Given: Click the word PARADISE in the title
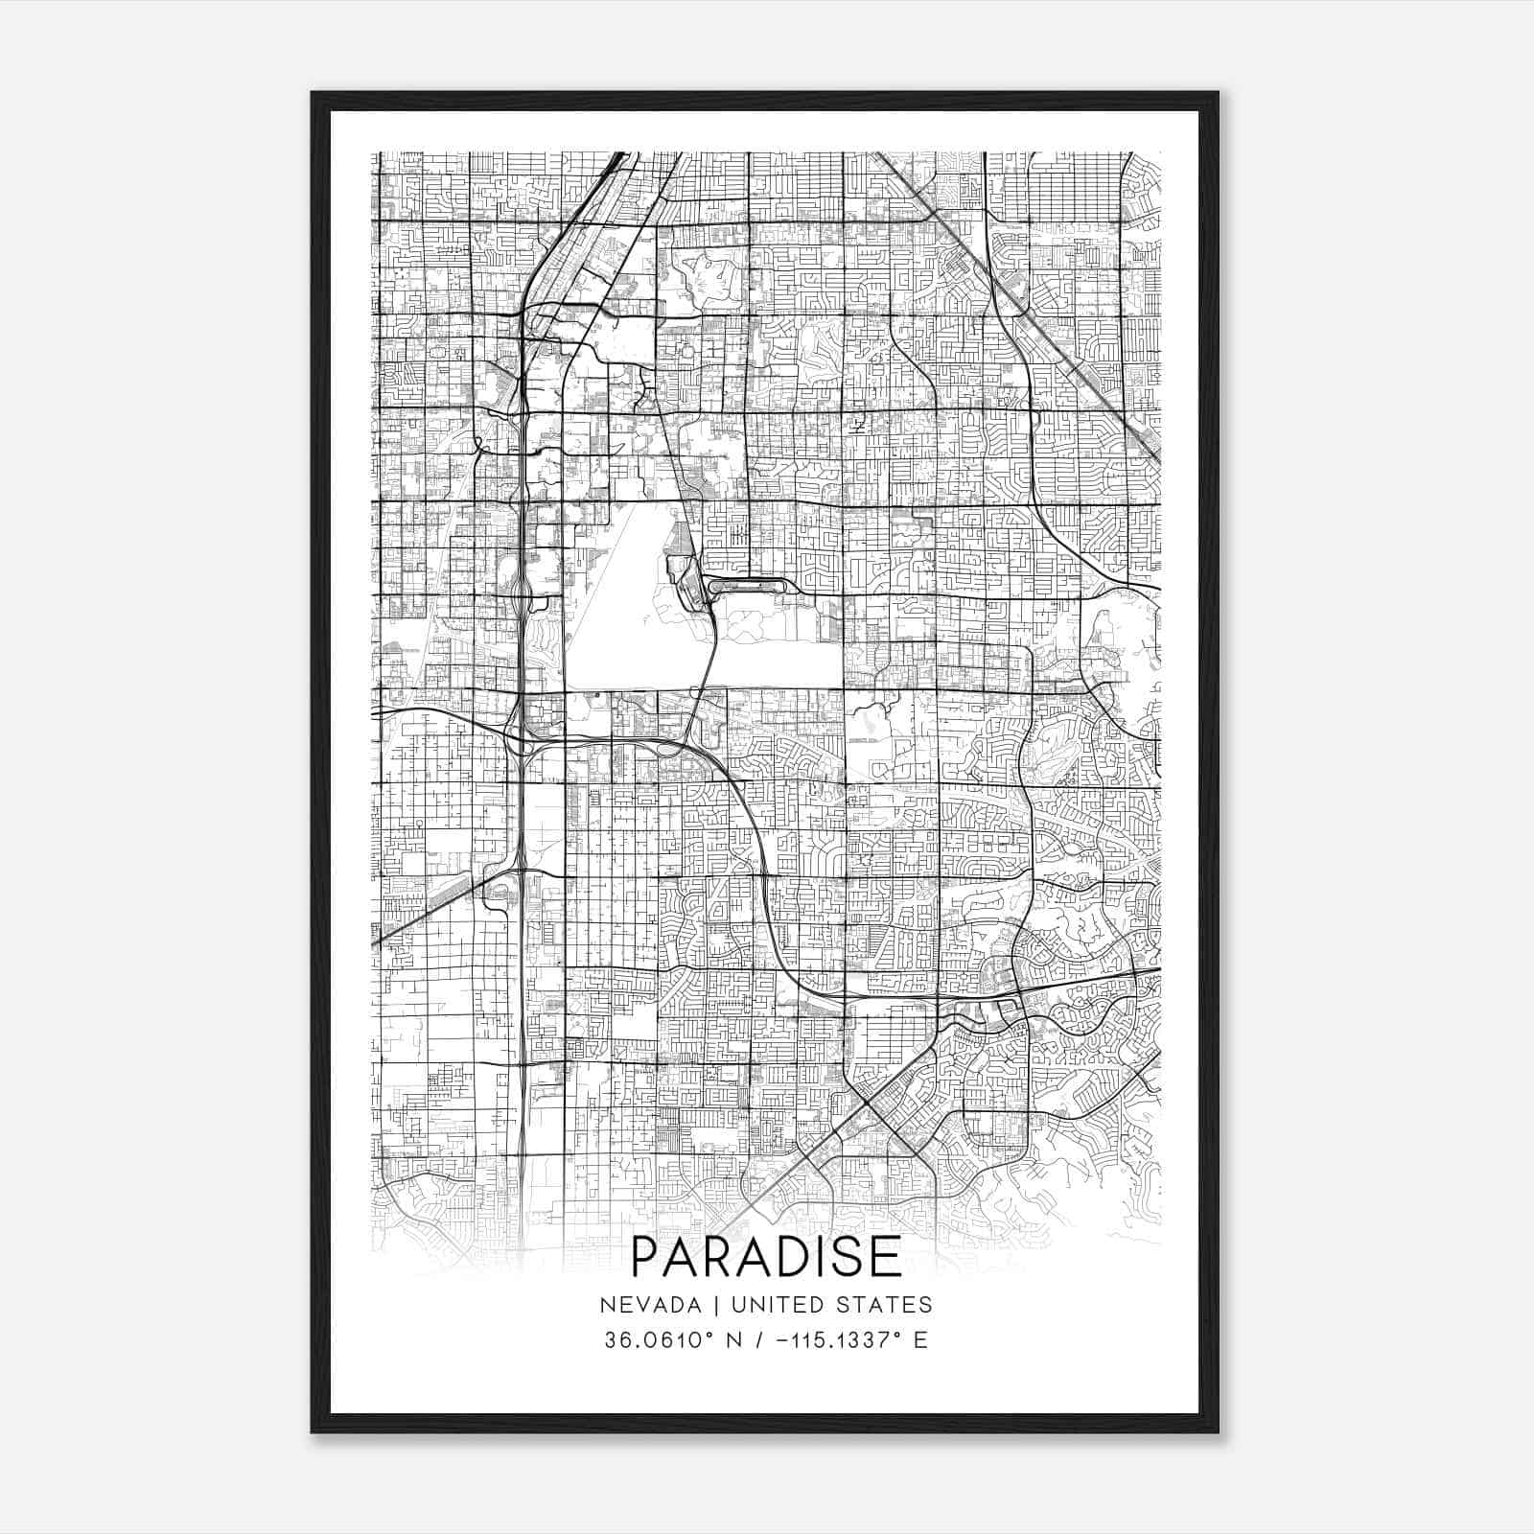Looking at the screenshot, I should pos(767,1257).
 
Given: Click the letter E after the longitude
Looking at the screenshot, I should pos(920,1339).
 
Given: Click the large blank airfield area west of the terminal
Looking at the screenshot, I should pos(623,594).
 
